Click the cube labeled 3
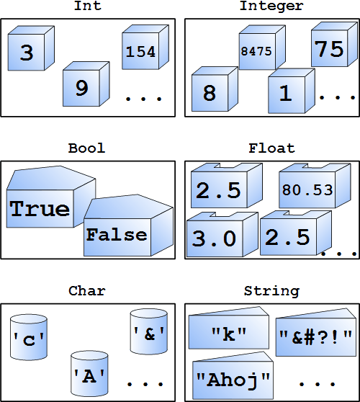pos(31,48)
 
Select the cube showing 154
pos(145,47)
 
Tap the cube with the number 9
pos(86,84)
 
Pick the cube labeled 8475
pos(262,47)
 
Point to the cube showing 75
pos(334,45)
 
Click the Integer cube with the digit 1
pos(292,91)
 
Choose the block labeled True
pos(51,197)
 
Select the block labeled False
pos(128,225)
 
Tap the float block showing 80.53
pos(315,186)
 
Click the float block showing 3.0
pos(222,234)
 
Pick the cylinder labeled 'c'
pos(29,337)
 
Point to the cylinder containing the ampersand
pos(149,331)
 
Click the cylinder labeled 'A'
pos(89,373)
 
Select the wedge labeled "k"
pos(229,328)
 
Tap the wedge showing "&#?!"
pos(316,332)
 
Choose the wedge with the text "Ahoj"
pos(233,375)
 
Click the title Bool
pos(87,148)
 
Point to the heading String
pos(271,291)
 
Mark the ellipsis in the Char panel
pos(145,384)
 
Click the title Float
pos(271,148)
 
